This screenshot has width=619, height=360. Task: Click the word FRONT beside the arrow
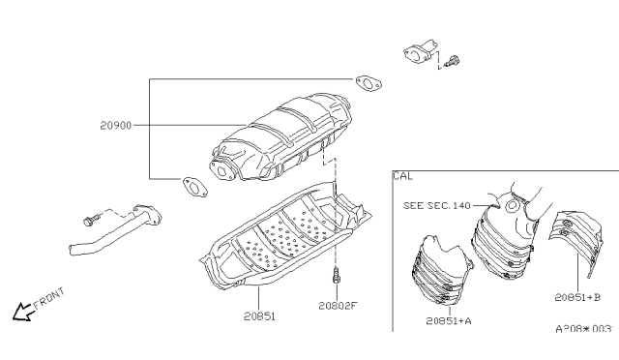click(x=49, y=299)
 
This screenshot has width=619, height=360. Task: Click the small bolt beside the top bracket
click(x=452, y=61)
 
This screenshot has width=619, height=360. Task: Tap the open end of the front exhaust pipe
click(x=74, y=251)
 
